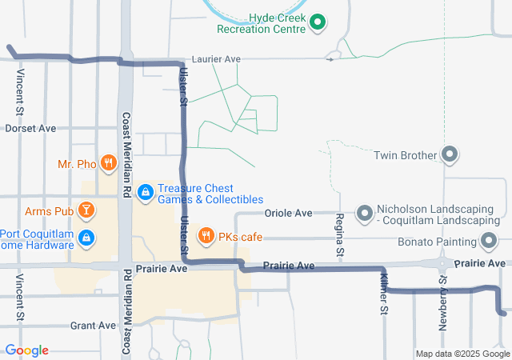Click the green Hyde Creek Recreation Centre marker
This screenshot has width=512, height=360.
coord(317,22)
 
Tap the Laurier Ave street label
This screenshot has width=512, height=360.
coord(222,59)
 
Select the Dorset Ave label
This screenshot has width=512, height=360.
coord(30,128)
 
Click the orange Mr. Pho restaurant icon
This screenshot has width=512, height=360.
coord(108,164)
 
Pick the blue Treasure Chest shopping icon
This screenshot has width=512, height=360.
coord(145,192)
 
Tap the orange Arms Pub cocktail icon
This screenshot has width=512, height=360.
coord(86,211)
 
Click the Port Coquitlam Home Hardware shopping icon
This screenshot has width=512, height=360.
coord(86,238)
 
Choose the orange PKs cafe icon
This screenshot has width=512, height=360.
coord(206,236)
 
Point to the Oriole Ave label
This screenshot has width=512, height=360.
coord(288,214)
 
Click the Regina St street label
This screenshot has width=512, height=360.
coord(340,235)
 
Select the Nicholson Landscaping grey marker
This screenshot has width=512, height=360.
coord(365,213)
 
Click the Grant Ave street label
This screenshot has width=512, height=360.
coord(94,326)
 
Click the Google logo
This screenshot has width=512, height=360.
coord(26,350)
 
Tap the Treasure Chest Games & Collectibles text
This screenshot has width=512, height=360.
coord(210,193)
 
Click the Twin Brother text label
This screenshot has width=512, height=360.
coord(405,155)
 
